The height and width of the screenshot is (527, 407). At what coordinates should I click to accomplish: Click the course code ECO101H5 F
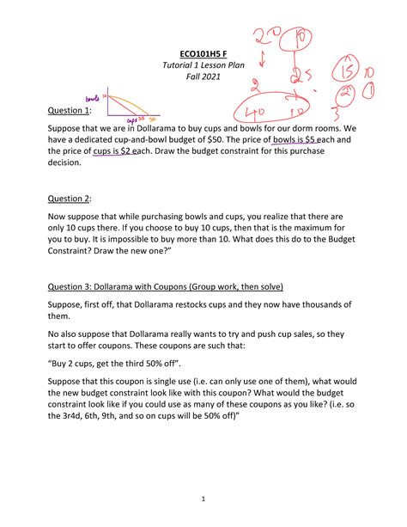[203, 52]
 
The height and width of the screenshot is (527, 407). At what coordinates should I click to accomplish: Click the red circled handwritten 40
[257, 113]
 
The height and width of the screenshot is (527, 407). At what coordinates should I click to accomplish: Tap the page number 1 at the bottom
[203, 499]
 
